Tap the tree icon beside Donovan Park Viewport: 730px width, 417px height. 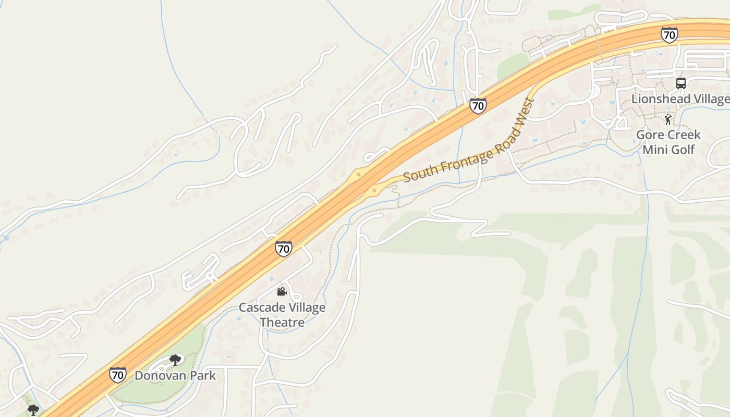pyautogui.click(x=175, y=360)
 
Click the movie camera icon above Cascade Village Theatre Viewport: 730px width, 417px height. pyautogui.click(x=282, y=291)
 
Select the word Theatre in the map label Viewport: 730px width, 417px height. pyautogui.click(x=282, y=322)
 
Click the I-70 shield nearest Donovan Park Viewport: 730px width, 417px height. pyautogui.click(x=117, y=374)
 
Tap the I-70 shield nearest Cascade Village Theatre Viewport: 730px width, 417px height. pyautogui.click(x=284, y=249)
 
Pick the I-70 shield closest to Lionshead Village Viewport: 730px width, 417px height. pyautogui.click(x=669, y=35)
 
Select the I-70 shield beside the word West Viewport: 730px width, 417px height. pyautogui.click(x=478, y=106)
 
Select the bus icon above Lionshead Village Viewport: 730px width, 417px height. pyautogui.click(x=680, y=83)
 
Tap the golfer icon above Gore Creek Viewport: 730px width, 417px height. pyautogui.click(x=668, y=120)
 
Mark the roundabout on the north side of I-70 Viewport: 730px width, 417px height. pyautogui.click(x=358, y=173)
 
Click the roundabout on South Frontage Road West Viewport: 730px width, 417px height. pyautogui.click(x=374, y=191)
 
